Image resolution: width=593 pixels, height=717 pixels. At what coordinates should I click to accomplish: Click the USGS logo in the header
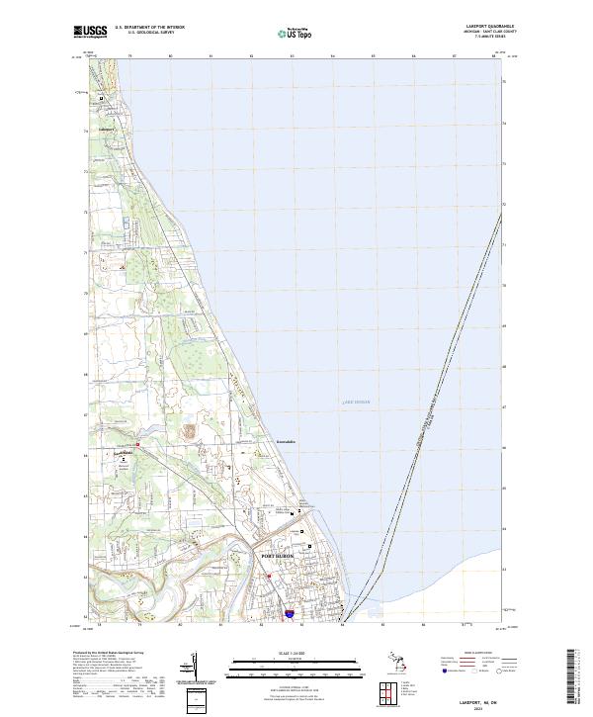[92, 32]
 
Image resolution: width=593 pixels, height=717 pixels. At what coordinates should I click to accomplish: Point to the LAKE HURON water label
[354, 403]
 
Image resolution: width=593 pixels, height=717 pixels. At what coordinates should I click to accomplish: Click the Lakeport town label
[106, 129]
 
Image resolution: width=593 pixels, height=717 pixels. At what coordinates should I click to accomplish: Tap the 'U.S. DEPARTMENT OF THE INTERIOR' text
[149, 27]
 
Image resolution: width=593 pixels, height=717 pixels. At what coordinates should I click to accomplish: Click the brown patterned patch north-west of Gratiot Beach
[189, 430]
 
